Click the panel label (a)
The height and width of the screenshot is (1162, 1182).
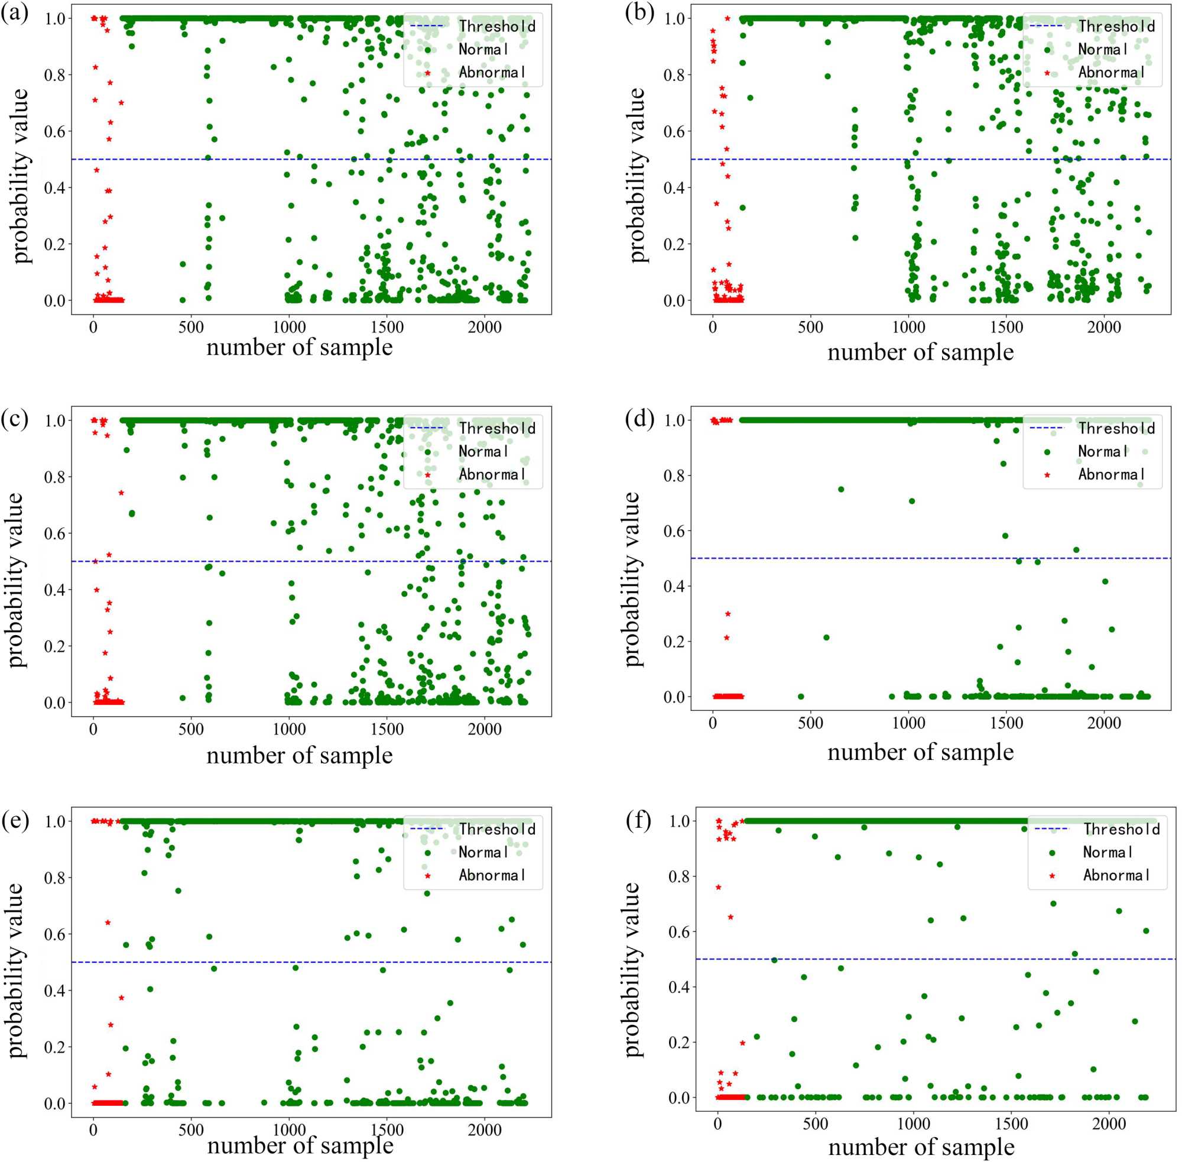[x=15, y=13]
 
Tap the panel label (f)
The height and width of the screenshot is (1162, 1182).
[x=639, y=821]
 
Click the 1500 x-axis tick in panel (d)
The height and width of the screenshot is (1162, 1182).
[x=1006, y=724]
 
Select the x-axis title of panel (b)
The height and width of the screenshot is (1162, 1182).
[x=920, y=353]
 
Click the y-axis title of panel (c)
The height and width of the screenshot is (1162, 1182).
[x=17, y=580]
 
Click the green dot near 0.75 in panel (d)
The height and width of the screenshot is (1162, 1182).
[x=840, y=490]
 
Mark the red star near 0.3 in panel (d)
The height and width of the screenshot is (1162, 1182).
[x=728, y=614]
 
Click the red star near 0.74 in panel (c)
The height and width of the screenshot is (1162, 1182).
[x=121, y=493]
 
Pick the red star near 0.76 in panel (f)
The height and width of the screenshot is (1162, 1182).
[x=719, y=888]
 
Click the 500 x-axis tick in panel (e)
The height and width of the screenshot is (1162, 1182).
[x=191, y=1130]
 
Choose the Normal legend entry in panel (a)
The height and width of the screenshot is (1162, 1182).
[x=482, y=50]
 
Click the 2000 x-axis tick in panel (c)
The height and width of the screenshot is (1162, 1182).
[x=484, y=729]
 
